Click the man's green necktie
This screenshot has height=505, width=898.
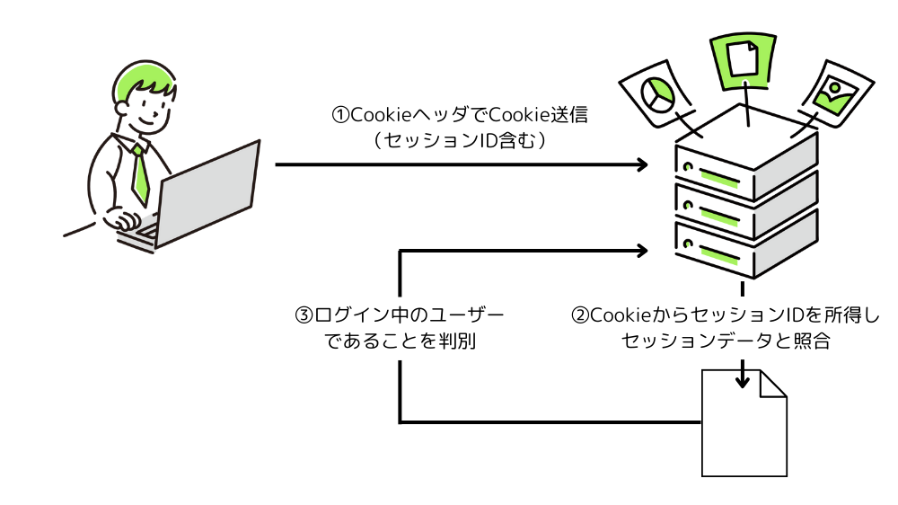point(140,173)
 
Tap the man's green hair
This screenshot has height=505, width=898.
point(144,79)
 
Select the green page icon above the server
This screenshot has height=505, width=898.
point(743,59)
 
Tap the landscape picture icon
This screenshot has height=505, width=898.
point(833,93)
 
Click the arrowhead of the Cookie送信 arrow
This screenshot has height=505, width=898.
point(642,164)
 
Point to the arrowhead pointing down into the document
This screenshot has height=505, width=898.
point(743,380)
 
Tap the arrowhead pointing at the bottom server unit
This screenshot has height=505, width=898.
point(642,250)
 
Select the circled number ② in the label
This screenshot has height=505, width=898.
point(580,316)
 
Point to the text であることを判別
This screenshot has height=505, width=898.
point(400,341)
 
